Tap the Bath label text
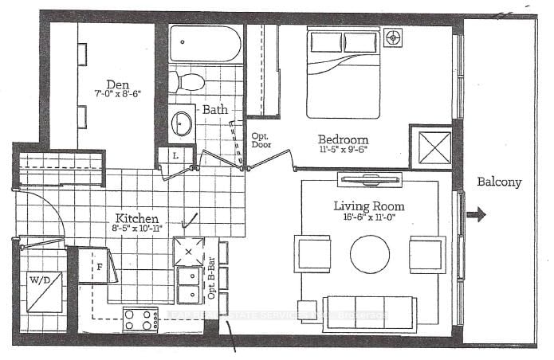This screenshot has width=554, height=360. point(216,109)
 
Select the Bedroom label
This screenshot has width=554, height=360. point(344,139)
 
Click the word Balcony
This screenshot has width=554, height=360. point(499,182)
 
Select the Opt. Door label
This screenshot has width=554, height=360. point(261,140)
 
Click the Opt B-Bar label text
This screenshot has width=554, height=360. point(211,280)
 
